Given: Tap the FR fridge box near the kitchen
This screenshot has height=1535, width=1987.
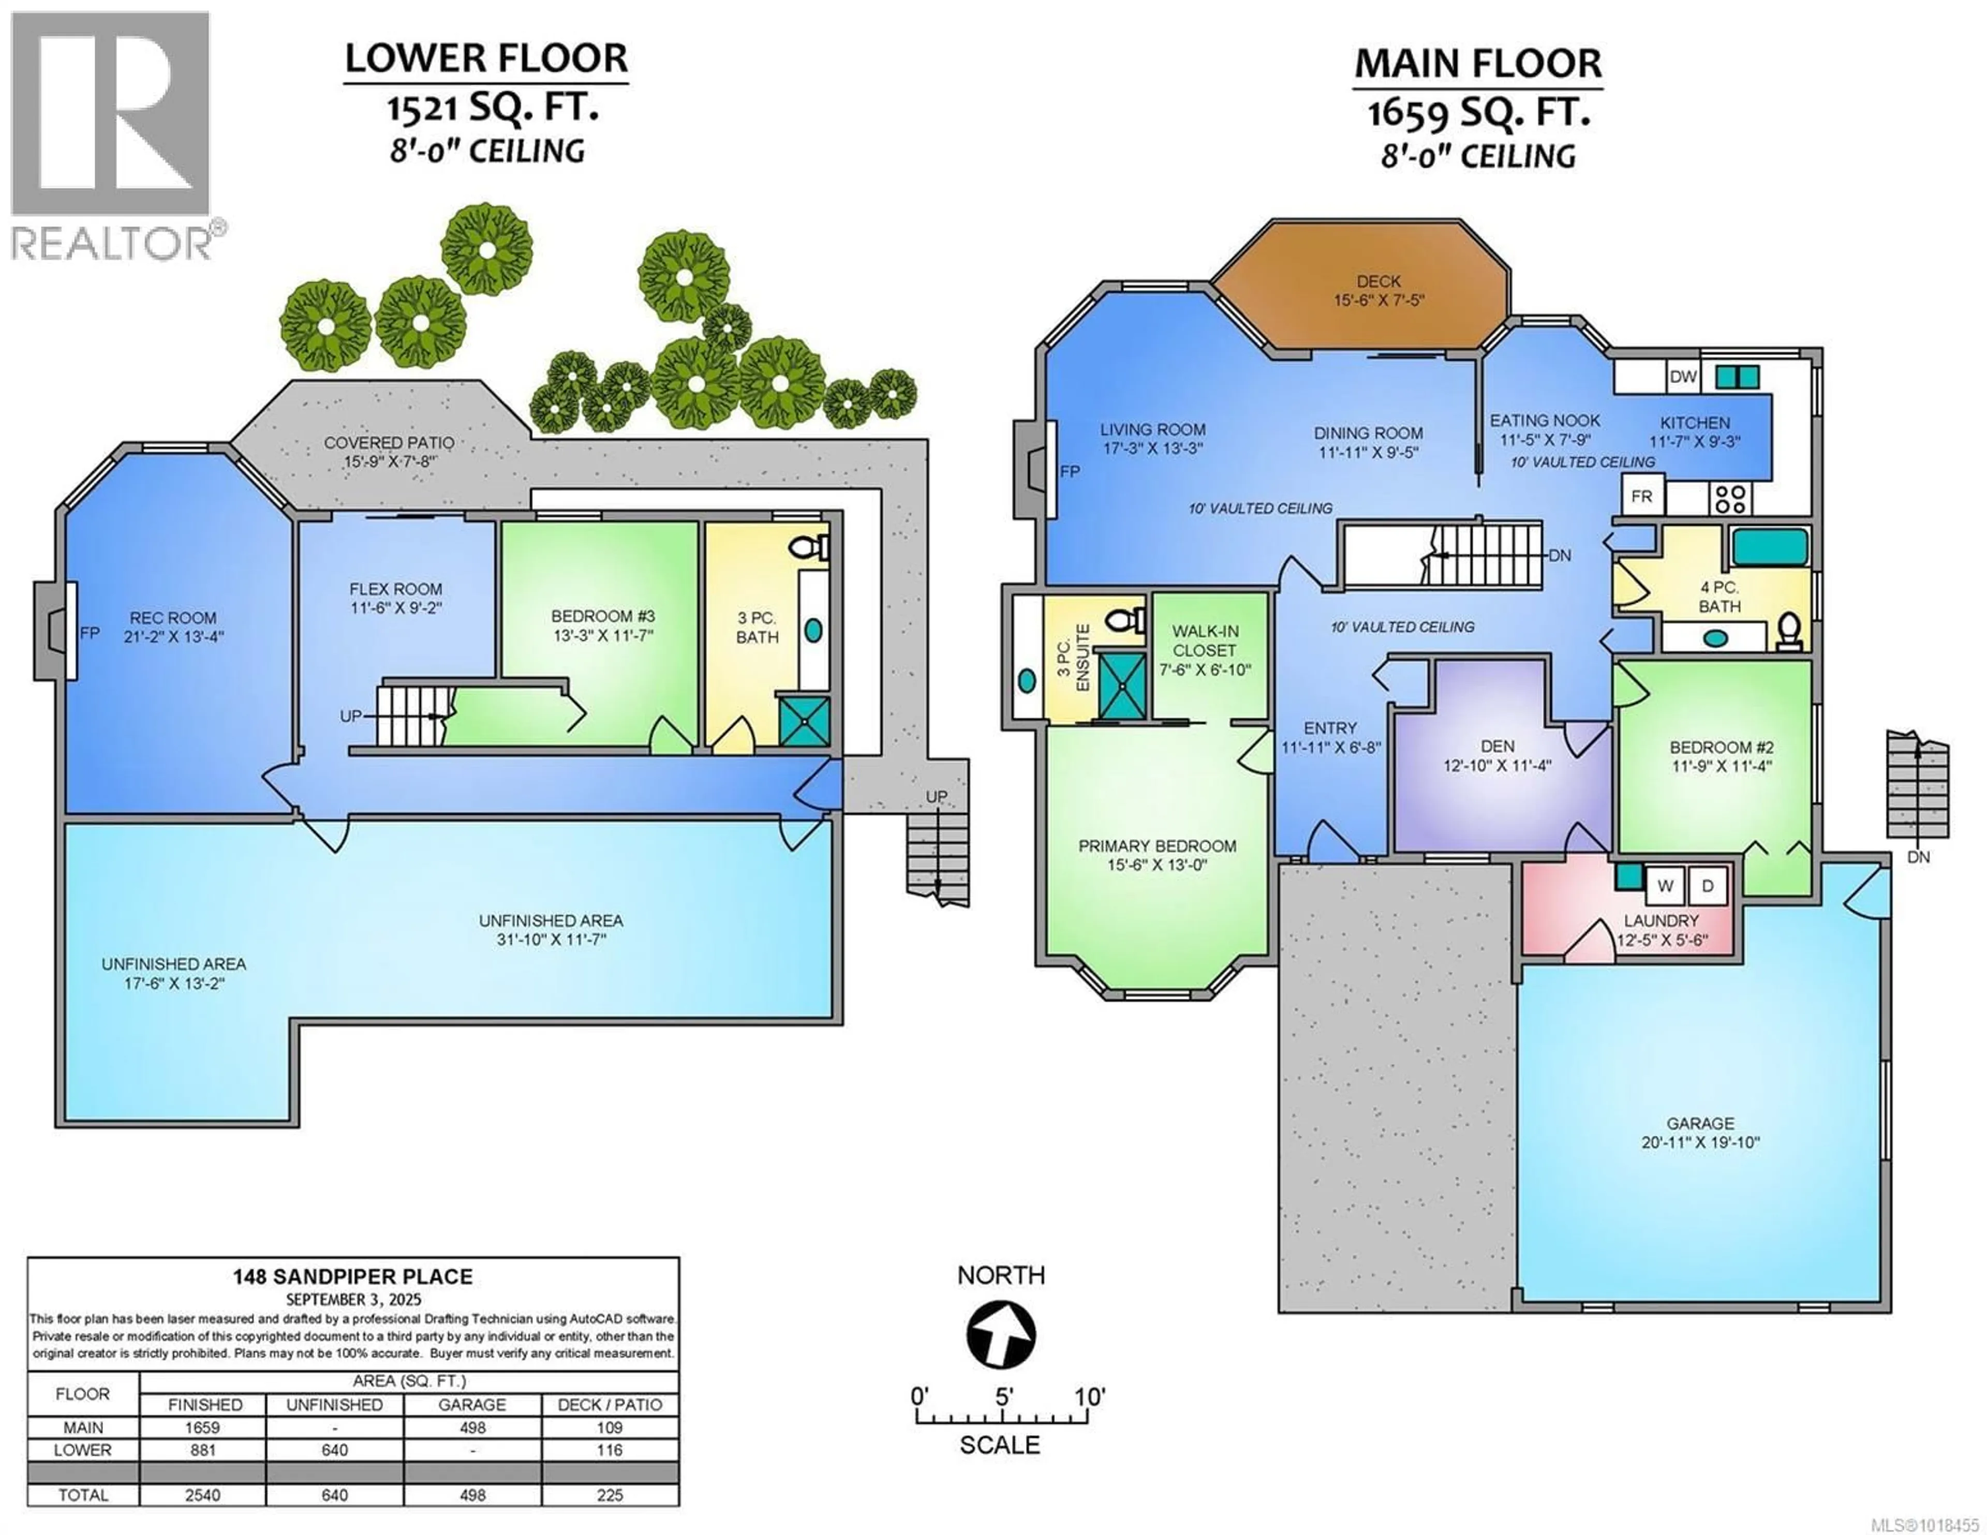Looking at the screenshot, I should click(1641, 497).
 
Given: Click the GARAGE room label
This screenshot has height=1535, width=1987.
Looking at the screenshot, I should click(1700, 1124).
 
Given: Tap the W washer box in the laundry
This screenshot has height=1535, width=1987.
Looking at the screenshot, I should click(1665, 885).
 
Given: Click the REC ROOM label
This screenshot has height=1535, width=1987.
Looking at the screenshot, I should click(173, 618).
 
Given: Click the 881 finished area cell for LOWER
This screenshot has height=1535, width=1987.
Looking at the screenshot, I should click(203, 1450).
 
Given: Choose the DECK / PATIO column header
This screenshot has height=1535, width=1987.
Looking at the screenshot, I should click(610, 1405).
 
